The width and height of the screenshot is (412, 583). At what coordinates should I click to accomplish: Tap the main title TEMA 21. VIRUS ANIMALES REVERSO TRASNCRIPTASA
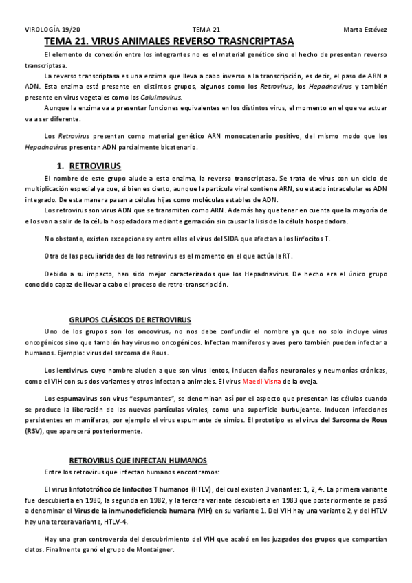coord(169,41)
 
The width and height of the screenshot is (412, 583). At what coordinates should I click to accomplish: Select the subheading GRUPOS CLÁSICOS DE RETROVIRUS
coord(130,320)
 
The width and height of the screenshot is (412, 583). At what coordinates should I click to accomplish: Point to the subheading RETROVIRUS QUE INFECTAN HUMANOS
coord(138,460)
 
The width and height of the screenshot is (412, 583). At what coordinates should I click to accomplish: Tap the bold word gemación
coord(200,221)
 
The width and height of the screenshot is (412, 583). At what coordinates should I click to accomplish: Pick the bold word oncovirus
coord(153,331)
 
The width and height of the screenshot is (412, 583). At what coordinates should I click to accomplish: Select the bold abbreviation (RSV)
coord(33,431)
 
